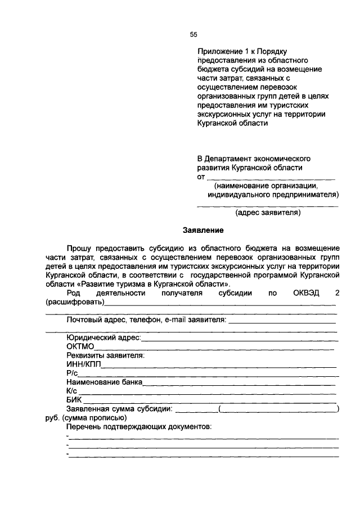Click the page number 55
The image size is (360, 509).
[193, 35]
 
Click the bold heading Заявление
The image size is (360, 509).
[203, 231]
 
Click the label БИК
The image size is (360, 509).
[74, 399]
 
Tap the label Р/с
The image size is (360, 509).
[71, 373]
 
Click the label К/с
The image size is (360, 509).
[71, 390]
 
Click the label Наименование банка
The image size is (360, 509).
[105, 382]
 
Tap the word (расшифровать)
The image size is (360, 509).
[75, 302]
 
